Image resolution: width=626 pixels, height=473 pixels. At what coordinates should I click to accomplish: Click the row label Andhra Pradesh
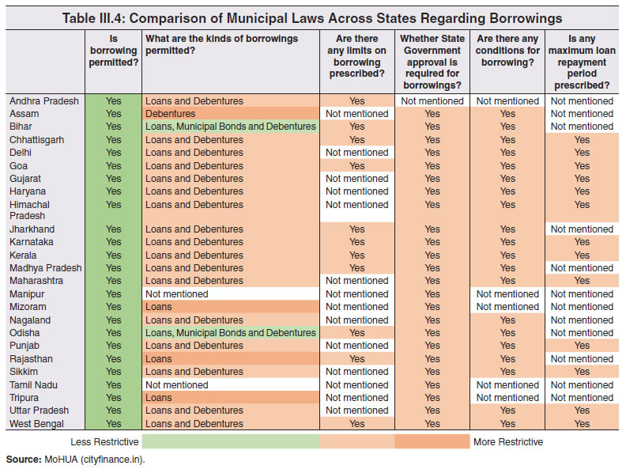(43, 101)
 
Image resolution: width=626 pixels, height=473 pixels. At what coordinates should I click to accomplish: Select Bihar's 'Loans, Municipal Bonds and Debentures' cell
(230, 127)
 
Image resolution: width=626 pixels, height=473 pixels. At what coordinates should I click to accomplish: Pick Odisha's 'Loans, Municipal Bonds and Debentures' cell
(230, 333)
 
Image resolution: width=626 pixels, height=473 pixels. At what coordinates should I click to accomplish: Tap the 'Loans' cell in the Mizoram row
(158, 307)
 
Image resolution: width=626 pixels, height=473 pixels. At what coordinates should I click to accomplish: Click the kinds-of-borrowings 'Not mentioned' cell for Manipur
(176, 294)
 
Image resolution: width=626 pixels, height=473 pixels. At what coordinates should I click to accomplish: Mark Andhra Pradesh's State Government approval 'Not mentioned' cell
(432, 101)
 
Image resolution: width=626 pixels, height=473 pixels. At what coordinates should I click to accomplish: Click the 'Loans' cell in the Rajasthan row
(158, 359)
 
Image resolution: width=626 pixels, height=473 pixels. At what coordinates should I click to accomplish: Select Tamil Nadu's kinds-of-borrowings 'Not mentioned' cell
(176, 385)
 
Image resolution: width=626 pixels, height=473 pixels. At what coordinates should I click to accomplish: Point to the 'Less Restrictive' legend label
(104, 441)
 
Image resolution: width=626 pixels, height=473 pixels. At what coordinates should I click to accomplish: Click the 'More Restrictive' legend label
(507, 441)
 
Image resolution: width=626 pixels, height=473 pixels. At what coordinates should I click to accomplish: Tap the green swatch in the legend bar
(231, 441)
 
